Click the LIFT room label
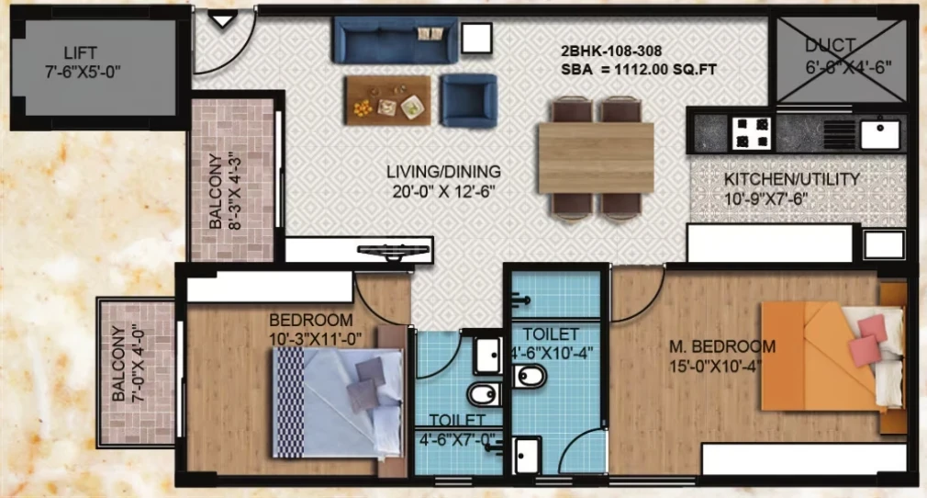tap(81, 52)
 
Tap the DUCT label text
tap(830, 46)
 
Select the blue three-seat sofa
tap(396, 40)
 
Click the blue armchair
tap(468, 101)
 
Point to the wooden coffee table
tap(388, 100)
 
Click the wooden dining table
tap(596, 158)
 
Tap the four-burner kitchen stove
tap(752, 132)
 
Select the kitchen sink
tap(879, 134)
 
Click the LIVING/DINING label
tap(443, 172)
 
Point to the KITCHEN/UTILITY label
tap(791, 179)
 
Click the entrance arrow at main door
tap(223, 21)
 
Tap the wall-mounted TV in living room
tap(395, 252)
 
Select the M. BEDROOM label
tap(721, 346)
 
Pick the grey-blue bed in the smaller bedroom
tap(338, 403)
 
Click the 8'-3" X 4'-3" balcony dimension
tap(234, 191)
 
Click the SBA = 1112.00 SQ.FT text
tap(639, 70)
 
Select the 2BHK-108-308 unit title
tap(610, 51)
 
